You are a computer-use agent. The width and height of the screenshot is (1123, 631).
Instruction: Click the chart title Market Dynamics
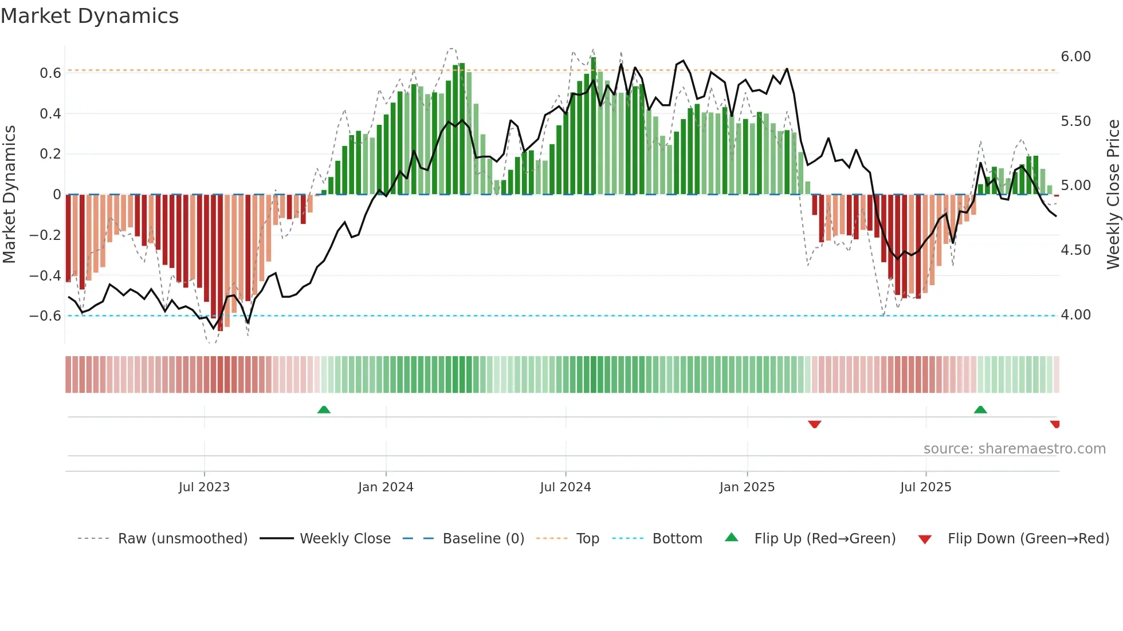89,16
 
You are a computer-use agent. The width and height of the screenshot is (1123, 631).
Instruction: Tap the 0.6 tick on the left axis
50,73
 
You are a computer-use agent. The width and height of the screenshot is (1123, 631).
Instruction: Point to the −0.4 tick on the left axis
45,275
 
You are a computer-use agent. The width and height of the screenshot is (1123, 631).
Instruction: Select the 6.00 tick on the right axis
1075,57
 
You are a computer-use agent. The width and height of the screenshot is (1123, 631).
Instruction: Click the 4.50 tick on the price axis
1075,250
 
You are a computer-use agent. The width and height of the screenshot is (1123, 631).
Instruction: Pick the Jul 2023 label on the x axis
204,487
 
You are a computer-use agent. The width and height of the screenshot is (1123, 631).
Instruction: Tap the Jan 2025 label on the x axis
747,487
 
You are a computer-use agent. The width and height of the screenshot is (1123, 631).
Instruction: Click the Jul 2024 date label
565,487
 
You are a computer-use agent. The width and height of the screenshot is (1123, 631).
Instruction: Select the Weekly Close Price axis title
1113,194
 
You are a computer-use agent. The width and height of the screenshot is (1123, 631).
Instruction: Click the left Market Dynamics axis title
9,194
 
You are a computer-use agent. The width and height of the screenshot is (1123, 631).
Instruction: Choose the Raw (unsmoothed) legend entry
182,539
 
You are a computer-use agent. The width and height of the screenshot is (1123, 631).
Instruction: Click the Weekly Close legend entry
345,539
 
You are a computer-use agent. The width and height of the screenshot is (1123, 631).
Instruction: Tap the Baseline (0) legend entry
483,539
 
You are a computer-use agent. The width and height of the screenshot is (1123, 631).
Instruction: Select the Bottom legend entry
677,539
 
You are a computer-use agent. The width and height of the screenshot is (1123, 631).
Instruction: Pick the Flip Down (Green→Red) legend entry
1028,539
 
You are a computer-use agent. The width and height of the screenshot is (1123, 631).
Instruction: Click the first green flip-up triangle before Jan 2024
324,409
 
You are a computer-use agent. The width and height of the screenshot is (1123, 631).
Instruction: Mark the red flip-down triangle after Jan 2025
814,424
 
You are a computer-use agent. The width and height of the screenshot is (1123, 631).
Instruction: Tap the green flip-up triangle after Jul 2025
980,409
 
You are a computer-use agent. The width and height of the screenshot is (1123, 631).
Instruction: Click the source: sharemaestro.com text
1014,449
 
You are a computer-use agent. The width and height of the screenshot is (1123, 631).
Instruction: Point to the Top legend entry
587,539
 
